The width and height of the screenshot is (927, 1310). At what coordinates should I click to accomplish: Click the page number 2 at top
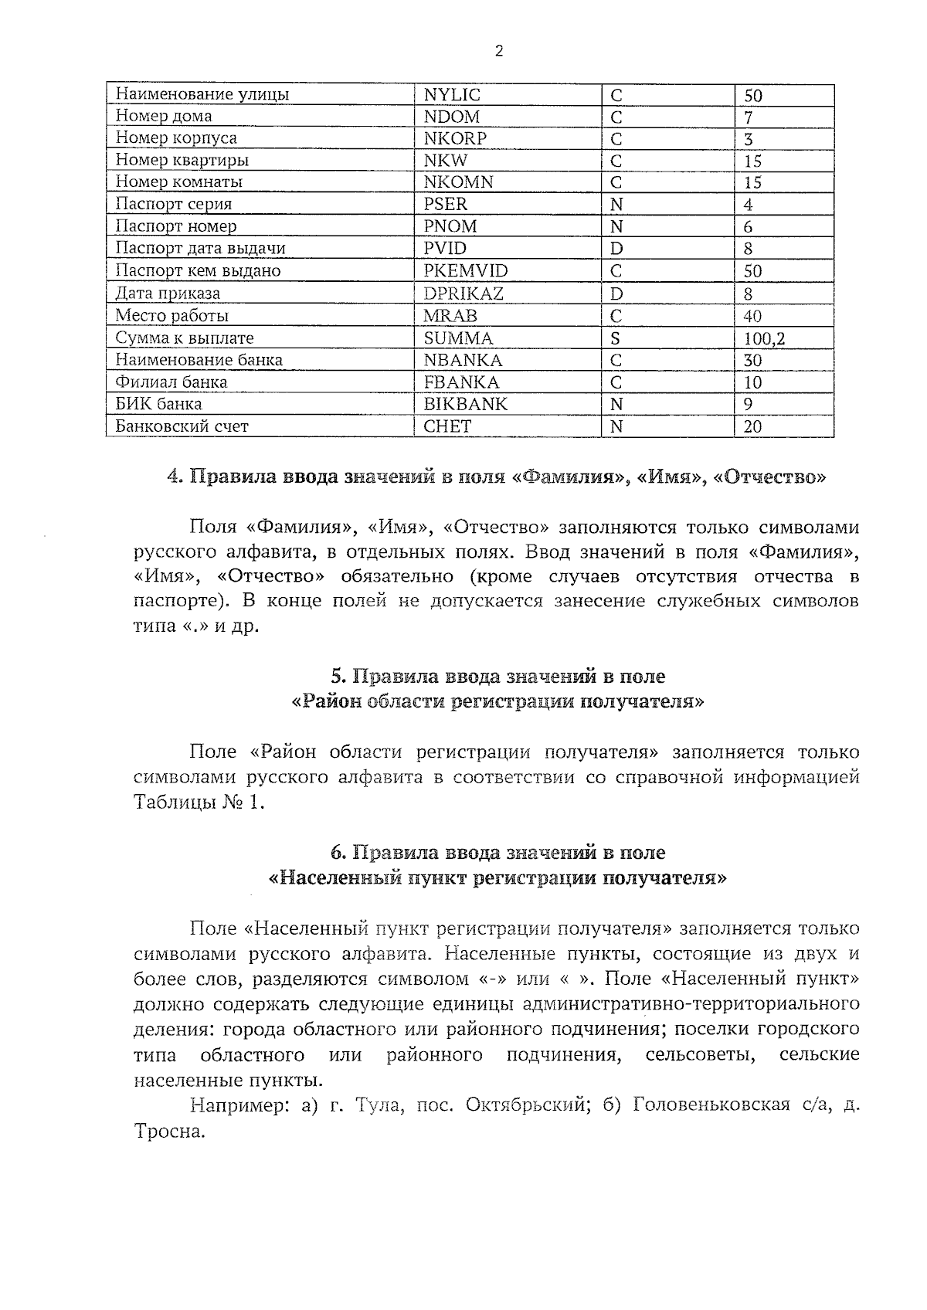[x=498, y=52]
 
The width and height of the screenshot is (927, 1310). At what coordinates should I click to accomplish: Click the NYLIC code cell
[x=452, y=95]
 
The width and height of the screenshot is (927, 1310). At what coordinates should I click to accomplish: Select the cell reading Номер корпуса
[x=176, y=138]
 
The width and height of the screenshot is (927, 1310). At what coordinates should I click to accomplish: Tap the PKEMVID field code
[x=466, y=270]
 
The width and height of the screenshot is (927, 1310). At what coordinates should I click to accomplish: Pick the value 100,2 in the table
[x=765, y=338]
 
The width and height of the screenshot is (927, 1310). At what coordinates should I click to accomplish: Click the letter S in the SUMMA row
[x=616, y=338]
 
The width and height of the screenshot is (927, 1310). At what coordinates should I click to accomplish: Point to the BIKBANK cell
[x=466, y=404]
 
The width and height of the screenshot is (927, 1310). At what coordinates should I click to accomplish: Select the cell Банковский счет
[x=182, y=426]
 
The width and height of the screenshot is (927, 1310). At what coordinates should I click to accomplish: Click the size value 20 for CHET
[x=752, y=426]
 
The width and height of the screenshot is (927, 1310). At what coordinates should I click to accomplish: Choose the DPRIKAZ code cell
[x=463, y=294]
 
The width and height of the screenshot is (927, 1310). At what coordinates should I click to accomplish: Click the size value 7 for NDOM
[x=749, y=117]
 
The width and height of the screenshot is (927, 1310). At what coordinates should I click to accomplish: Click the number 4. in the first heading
[x=175, y=477]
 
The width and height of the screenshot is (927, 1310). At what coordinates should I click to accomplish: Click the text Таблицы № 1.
[x=199, y=803]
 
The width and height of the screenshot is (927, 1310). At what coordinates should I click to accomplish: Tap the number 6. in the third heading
[x=337, y=853]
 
